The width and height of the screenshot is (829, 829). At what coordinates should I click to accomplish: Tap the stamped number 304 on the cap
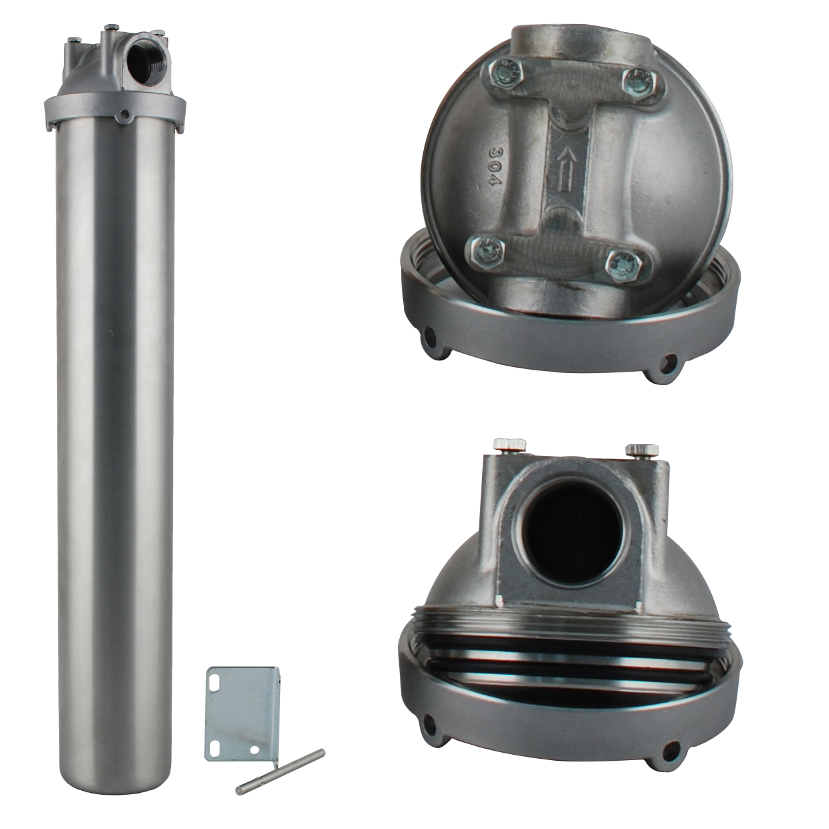(x=495, y=166)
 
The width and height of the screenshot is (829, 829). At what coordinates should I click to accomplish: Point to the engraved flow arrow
(x=568, y=168)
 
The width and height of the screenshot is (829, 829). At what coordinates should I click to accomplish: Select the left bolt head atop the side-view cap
(x=510, y=445)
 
